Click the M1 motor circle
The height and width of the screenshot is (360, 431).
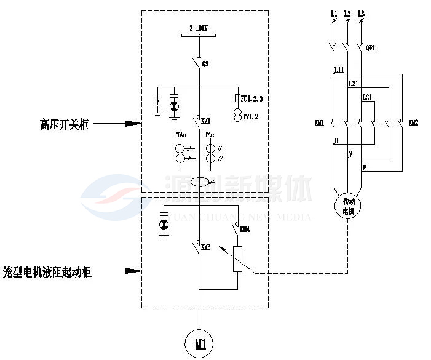199,343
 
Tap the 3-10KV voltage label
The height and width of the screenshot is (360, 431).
199,28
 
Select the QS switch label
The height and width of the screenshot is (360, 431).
206,63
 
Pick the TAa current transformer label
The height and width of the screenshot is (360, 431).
181,135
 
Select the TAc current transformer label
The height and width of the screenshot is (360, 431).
210,135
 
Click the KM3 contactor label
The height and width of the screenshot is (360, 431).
206,247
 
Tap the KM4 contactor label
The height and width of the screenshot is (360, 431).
245,230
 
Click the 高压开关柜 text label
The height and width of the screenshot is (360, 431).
65,124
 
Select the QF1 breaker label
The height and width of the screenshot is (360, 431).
370,47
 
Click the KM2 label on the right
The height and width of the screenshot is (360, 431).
413,123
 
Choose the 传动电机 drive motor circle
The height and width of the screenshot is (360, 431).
348,206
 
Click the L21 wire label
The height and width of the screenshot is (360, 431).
353,84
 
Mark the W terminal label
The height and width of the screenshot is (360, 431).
364,167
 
